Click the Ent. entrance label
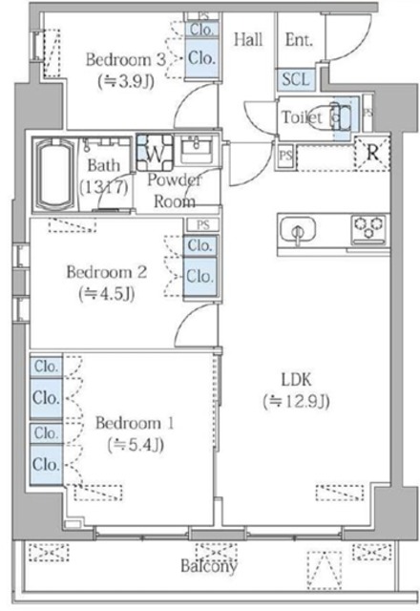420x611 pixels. pos(300,39)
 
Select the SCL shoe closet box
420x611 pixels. pos(294,81)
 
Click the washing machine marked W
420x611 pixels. pos(154,151)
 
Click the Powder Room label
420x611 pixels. pos(175,191)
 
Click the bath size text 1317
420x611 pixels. pos(104,186)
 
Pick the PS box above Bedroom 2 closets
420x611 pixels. pos(201,224)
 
